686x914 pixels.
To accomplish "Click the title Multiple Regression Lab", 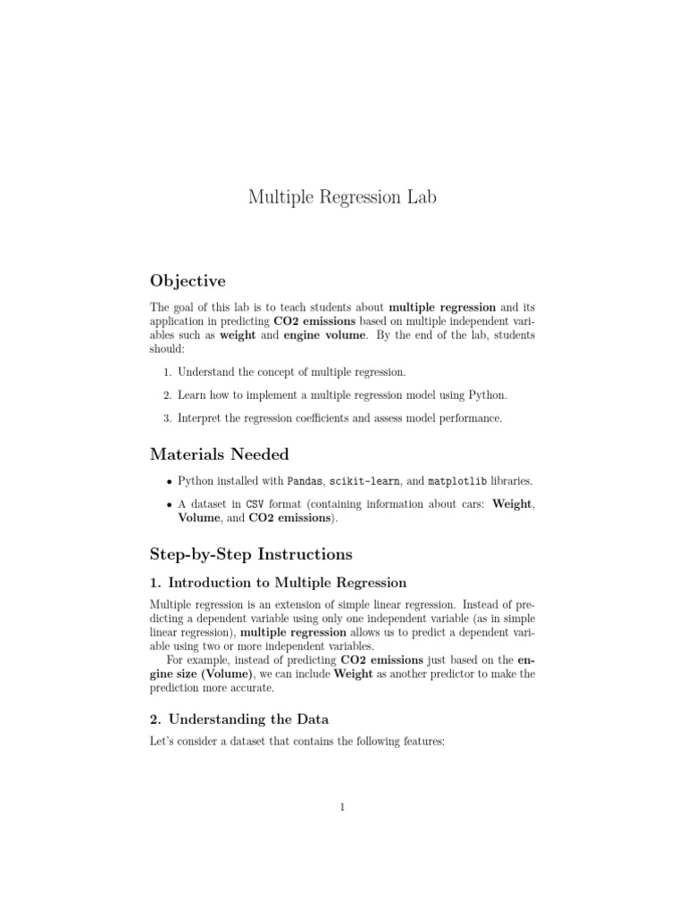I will coord(342,196).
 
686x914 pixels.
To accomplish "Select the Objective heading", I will coord(188,281).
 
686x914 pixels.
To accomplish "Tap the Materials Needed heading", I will coord(219,454).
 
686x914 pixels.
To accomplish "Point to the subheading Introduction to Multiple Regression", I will coord(278,583).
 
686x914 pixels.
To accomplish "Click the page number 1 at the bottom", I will coord(342,808).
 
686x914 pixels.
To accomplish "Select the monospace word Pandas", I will coord(305,481).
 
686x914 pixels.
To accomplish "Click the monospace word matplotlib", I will coord(458,481).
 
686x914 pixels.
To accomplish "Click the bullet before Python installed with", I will coord(167,482).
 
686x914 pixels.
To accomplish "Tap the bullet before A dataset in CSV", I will coord(167,505).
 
